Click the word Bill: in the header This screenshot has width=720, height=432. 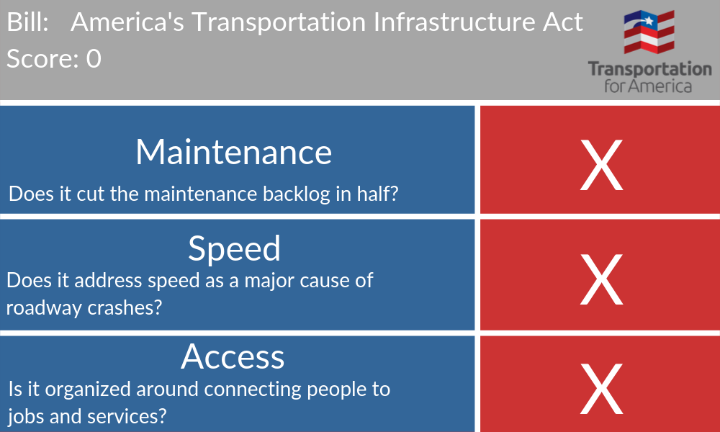[x=27, y=22]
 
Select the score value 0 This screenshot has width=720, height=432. [x=94, y=59]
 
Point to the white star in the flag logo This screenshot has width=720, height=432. [x=649, y=21]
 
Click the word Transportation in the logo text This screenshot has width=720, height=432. [x=649, y=69]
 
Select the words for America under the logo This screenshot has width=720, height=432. [x=648, y=86]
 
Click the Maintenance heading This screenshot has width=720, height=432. [x=234, y=152]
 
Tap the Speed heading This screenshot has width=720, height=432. [x=234, y=249]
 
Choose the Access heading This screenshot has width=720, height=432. [x=233, y=356]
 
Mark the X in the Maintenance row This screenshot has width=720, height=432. [x=601, y=165]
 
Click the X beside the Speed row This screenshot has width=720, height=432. [x=601, y=279]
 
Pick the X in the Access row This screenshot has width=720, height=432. [x=601, y=389]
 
